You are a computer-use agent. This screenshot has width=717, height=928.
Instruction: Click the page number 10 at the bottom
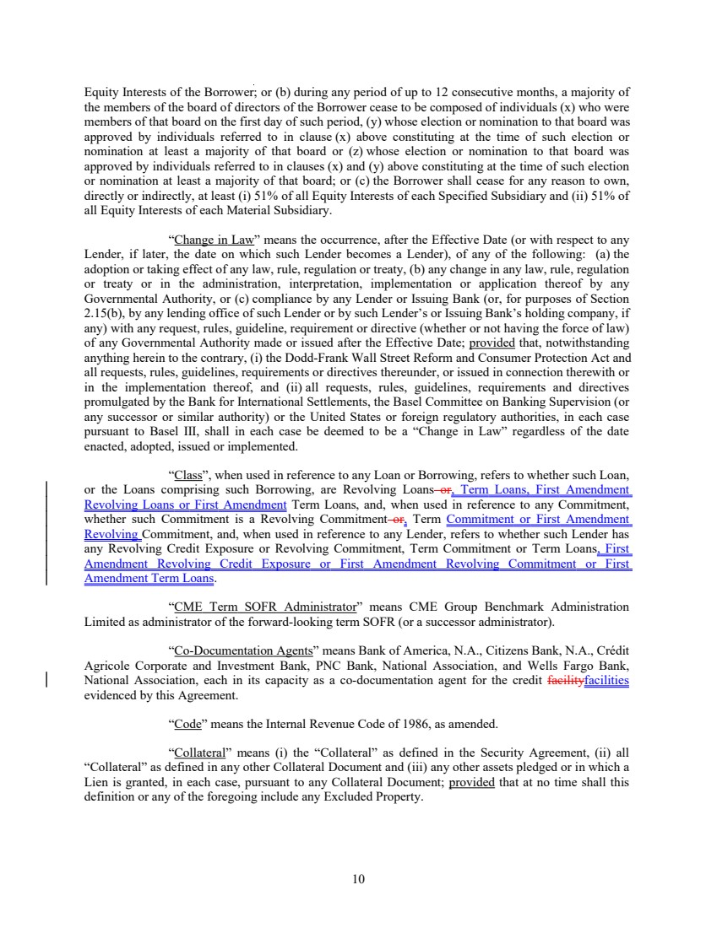(x=358, y=879)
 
